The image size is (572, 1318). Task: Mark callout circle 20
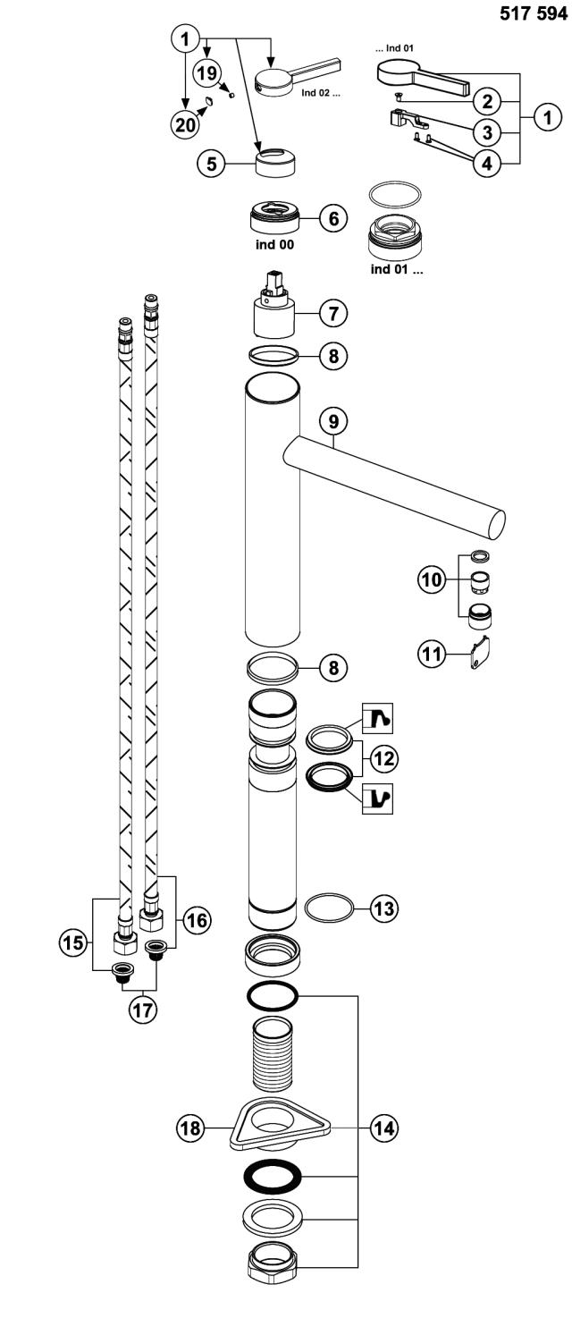point(185,126)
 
